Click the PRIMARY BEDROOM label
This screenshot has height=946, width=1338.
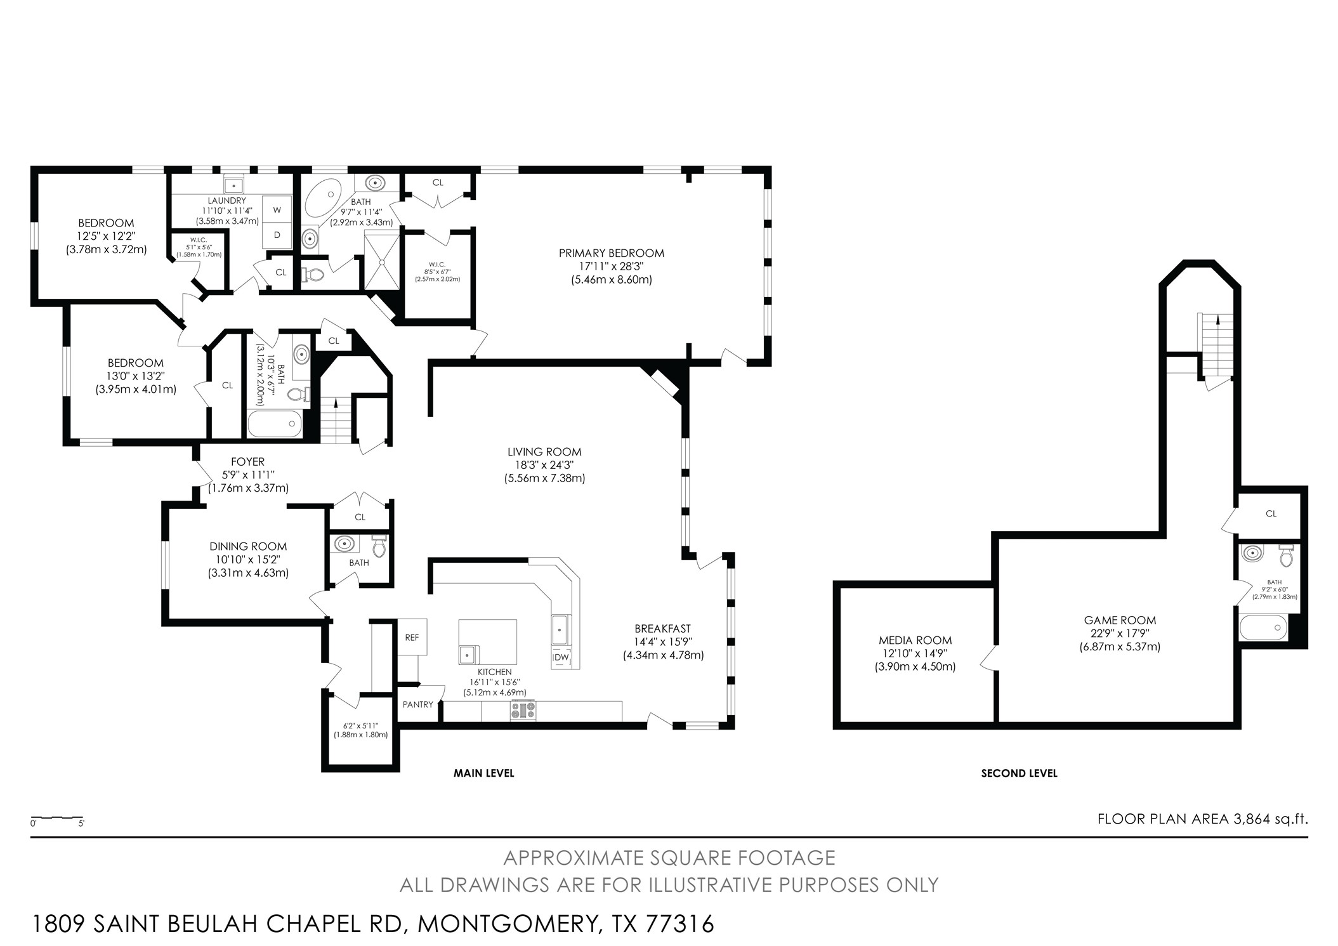611,253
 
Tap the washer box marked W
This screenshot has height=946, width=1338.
277,210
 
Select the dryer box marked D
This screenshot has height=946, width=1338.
277,235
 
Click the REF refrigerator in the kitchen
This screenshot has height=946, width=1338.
412,637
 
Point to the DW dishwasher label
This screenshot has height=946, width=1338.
561,658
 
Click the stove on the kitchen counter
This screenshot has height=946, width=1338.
523,710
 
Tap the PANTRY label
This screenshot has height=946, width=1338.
418,704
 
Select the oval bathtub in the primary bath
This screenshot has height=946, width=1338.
324,197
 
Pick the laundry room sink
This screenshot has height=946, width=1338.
234,186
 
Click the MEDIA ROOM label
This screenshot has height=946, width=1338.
915,641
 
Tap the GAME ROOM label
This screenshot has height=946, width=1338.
1120,621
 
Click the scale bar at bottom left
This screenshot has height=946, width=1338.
57,818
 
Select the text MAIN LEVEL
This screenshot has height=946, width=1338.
483,773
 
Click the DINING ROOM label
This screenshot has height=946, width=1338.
248,546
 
